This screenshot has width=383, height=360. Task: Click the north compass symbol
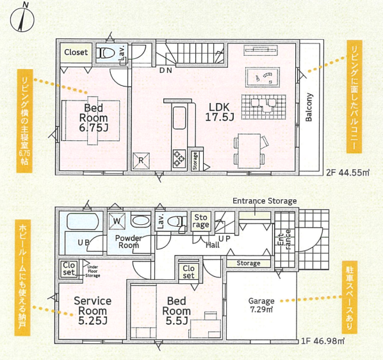[x=22, y=19]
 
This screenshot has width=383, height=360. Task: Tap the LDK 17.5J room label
[x=219, y=112]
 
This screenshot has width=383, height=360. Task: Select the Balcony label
[x=309, y=107]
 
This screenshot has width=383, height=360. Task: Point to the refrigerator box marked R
[x=141, y=161]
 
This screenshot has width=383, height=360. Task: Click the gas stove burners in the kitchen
[x=179, y=158]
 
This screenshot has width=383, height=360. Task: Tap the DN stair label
[x=166, y=70]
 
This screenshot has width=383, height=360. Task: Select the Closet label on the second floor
[x=76, y=52]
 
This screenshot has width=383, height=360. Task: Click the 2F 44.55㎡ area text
[x=348, y=173]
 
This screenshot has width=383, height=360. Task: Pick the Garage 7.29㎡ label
[x=261, y=305]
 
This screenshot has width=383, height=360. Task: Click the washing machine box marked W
[x=117, y=221]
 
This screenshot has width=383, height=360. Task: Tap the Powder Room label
[x=129, y=241]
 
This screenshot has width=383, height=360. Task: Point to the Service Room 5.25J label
[x=93, y=311]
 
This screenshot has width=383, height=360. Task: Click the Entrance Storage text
[x=265, y=201]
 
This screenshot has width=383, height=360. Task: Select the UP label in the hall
[x=224, y=239]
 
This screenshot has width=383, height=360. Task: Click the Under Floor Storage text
[x=92, y=271]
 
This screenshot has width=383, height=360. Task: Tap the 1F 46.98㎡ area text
[x=322, y=341]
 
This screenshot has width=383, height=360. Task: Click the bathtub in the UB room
[x=83, y=222]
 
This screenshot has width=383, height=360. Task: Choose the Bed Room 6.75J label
[x=94, y=118]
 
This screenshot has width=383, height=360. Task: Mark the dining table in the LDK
[x=249, y=151]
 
